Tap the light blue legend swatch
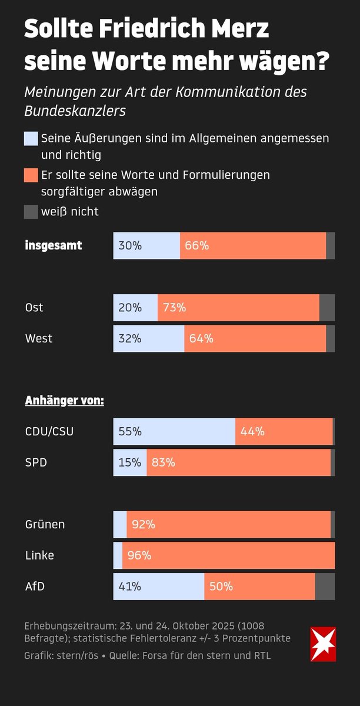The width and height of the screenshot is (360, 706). (31, 139)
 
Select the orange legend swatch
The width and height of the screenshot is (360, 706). (31, 175)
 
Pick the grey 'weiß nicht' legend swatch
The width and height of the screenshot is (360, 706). (31, 212)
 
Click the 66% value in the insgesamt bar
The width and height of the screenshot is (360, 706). (196, 246)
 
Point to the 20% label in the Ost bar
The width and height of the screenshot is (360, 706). (129, 308)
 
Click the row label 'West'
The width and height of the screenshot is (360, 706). (39, 339)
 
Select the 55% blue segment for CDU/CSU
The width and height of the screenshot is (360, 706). (174, 432)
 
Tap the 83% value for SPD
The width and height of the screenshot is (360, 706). (163, 463)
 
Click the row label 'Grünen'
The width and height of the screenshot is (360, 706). (45, 525)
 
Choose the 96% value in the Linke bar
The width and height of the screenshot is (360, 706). (139, 555)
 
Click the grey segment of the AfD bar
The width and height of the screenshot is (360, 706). (325, 587)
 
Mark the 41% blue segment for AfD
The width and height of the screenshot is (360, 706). (159, 587)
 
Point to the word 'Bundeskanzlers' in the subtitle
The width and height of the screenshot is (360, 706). (75, 110)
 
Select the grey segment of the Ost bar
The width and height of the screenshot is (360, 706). (327, 308)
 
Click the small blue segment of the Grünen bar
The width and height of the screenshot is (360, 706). (120, 525)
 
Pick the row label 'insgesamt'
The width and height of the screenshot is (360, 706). (54, 246)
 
